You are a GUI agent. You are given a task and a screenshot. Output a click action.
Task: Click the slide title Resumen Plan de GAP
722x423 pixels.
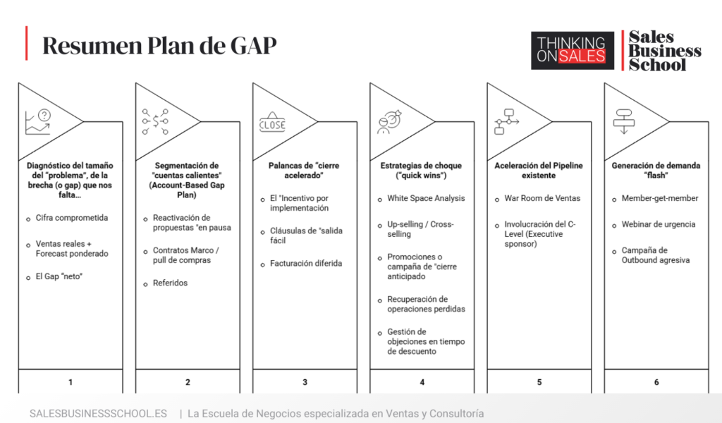click(x=159, y=46)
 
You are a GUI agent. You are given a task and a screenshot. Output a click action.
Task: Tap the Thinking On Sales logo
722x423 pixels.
click(x=573, y=51)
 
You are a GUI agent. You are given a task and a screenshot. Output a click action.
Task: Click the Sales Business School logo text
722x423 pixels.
click(x=664, y=51)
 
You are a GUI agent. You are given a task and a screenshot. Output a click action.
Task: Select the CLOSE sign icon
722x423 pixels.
click(x=272, y=122)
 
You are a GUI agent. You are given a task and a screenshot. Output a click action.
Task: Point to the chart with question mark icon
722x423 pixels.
click(x=38, y=122)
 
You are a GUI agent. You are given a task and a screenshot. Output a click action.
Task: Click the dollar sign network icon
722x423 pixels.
click(x=155, y=122)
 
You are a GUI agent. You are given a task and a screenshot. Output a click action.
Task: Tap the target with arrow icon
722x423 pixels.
click(x=389, y=122)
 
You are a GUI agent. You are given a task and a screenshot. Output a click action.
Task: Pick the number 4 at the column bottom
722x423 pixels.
click(x=422, y=382)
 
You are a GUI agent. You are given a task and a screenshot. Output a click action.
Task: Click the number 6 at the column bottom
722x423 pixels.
click(x=656, y=382)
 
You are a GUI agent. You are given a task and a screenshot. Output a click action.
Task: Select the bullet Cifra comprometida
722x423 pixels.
click(x=72, y=218)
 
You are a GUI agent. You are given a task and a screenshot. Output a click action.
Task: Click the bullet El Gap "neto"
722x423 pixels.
click(x=59, y=276)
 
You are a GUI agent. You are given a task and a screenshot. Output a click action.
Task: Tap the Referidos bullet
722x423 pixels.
click(x=171, y=283)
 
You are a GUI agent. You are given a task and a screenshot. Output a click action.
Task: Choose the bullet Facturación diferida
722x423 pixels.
click(x=306, y=263)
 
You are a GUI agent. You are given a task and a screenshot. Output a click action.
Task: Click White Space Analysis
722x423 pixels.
click(x=426, y=198)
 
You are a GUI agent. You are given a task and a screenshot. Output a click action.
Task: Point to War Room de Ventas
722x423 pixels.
click(x=542, y=198)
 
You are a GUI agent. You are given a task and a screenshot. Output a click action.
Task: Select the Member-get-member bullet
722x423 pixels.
click(x=660, y=198)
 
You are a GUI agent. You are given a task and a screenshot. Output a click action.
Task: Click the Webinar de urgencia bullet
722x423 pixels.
click(x=659, y=224)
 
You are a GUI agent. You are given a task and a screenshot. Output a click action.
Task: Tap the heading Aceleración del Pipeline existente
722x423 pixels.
click(x=539, y=171)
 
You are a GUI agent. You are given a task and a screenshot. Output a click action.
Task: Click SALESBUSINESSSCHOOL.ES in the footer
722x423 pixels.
click(x=98, y=413)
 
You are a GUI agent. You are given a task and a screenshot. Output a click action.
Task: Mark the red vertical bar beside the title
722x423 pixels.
click(x=27, y=43)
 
